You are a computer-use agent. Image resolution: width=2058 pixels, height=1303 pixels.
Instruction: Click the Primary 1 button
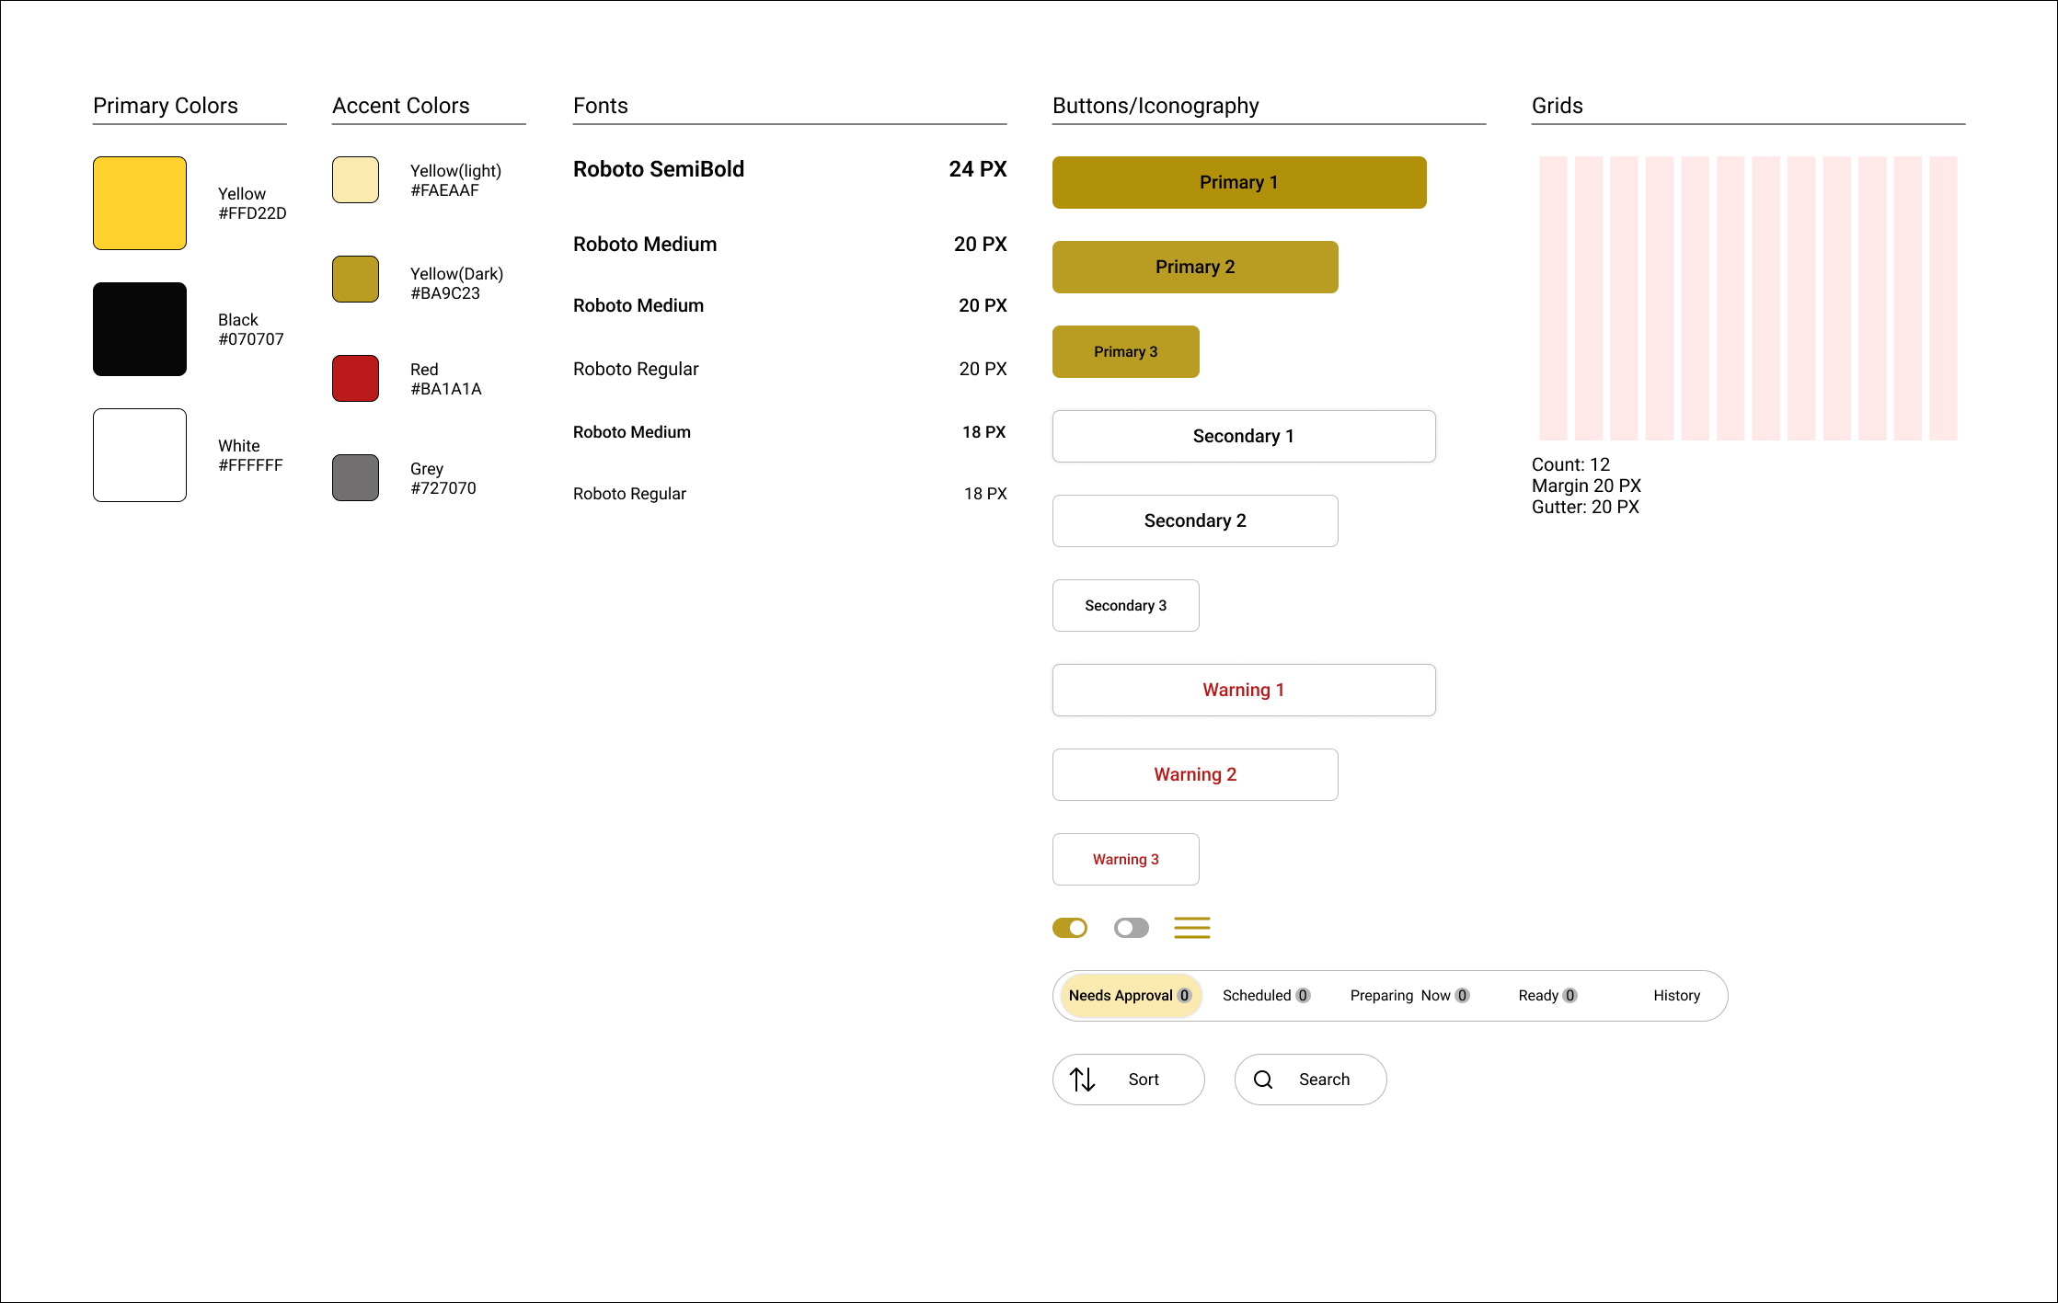[x=1238, y=182]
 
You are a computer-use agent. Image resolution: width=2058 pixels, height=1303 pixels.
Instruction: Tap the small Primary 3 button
[x=1125, y=351]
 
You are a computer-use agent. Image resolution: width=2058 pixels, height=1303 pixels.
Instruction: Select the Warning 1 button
[x=1243, y=690]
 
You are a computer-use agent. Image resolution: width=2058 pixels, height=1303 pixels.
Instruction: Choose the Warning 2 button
[x=1194, y=774]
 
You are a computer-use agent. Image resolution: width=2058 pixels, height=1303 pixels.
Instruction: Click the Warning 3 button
[x=1125, y=859]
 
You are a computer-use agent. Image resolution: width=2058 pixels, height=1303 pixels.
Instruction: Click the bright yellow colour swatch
[x=140, y=203]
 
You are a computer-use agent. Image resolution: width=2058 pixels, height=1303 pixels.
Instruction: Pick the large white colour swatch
[x=140, y=455]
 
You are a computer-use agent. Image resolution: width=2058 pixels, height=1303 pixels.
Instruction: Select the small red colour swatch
[x=355, y=378]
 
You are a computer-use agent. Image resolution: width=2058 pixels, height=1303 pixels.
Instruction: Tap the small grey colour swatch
[x=355, y=477]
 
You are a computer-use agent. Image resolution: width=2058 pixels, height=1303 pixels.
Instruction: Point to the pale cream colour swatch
[x=355, y=179]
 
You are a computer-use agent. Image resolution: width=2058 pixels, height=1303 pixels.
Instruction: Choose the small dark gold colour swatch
[x=355, y=279]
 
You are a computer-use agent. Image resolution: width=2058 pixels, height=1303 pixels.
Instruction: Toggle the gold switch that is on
[x=1070, y=928]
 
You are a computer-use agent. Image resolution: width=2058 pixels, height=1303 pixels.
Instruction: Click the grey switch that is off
[x=1131, y=928]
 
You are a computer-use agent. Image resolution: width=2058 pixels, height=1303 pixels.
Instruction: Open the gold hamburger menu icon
[x=1191, y=928]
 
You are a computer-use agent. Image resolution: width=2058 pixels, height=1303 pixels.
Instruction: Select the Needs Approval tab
[x=1121, y=996]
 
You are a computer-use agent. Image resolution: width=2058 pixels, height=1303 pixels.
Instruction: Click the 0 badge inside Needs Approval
[x=1184, y=996]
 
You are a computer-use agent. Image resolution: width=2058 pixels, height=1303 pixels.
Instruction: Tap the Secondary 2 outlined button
[x=1194, y=520]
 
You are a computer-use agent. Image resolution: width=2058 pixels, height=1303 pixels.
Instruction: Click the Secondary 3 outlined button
[x=1125, y=605]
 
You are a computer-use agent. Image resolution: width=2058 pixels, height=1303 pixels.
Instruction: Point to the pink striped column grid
[x=1747, y=298]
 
